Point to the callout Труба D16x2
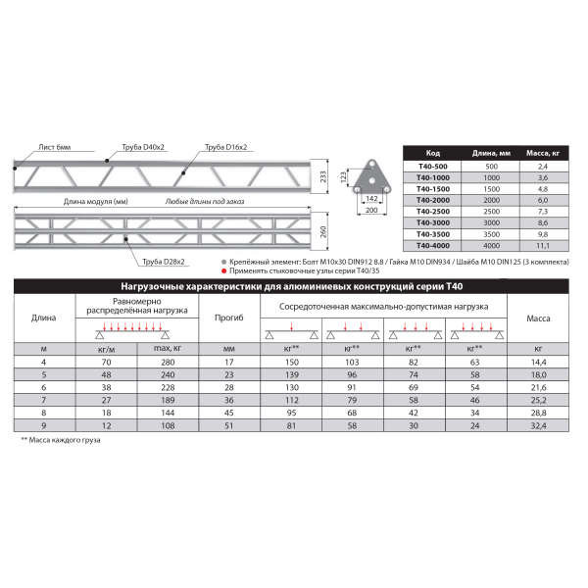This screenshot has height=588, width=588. pyautogui.click(x=225, y=146)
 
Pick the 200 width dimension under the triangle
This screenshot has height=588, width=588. pyautogui.click(x=370, y=210)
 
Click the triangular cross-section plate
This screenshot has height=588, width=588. pyautogui.click(x=370, y=176)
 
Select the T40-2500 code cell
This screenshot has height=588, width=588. pyautogui.click(x=431, y=212)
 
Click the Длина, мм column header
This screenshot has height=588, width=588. pyautogui.click(x=491, y=154)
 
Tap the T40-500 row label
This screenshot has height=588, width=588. pyautogui.click(x=431, y=167)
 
